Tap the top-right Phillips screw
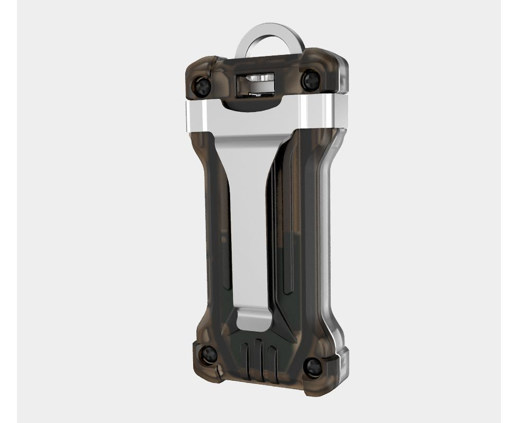pos(310,80)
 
